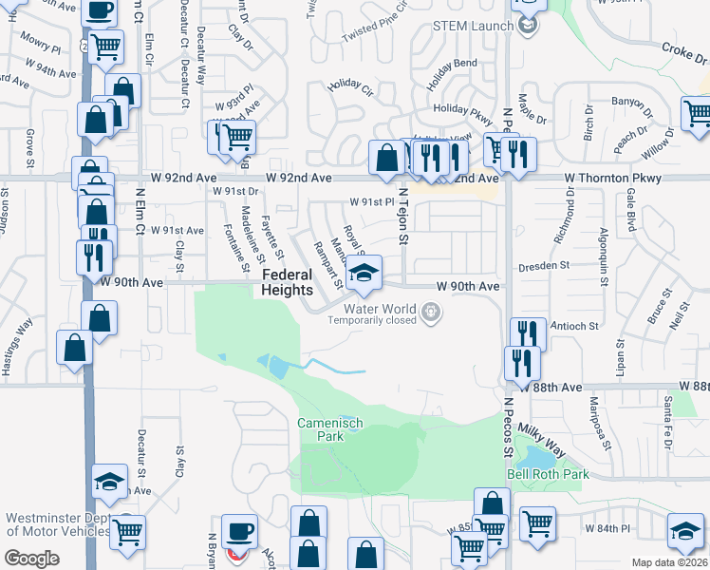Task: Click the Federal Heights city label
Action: tap(287, 282)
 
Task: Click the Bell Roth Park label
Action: tap(548, 474)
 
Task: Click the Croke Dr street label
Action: tap(683, 47)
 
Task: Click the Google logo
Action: tap(32, 559)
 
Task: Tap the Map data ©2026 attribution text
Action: tap(670, 562)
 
